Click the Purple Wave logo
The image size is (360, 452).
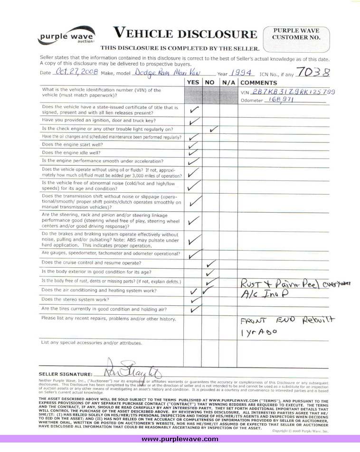(66, 36)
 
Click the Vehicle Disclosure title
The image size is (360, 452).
(185, 33)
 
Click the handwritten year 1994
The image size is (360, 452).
(240, 73)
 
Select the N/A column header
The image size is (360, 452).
(228, 82)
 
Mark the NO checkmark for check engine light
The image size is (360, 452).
(213, 129)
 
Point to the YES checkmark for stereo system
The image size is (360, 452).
(194, 300)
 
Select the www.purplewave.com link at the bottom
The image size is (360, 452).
(180, 439)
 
